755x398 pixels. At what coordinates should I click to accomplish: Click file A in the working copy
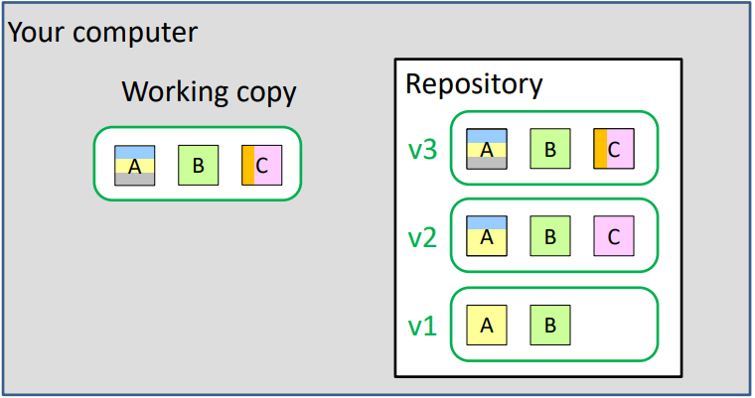tap(135, 166)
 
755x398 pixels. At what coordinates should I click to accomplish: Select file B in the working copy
tap(198, 166)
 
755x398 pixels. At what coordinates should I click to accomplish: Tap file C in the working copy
tap(261, 166)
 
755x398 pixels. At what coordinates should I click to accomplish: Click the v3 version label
tap(423, 150)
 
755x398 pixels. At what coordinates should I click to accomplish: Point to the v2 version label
tap(423, 238)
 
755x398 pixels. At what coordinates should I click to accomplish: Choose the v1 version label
tap(423, 326)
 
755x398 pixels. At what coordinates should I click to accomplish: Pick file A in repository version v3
tap(487, 150)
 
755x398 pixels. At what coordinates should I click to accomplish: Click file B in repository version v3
tap(549, 150)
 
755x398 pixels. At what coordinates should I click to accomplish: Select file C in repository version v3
tap(613, 150)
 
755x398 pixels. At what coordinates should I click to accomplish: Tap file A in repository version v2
tap(487, 236)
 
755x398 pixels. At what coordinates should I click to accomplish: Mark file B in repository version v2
tap(549, 236)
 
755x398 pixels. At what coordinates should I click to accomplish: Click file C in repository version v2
tap(613, 236)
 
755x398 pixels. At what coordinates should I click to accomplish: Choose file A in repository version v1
tap(487, 325)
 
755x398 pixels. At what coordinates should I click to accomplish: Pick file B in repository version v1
tap(549, 325)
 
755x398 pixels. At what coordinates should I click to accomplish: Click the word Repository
tap(474, 84)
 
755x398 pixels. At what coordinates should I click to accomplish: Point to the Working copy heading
tap(209, 92)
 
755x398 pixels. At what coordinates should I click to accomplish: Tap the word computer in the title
tap(136, 32)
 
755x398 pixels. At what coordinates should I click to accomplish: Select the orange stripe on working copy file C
tap(248, 166)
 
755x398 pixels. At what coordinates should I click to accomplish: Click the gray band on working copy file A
tap(135, 180)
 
